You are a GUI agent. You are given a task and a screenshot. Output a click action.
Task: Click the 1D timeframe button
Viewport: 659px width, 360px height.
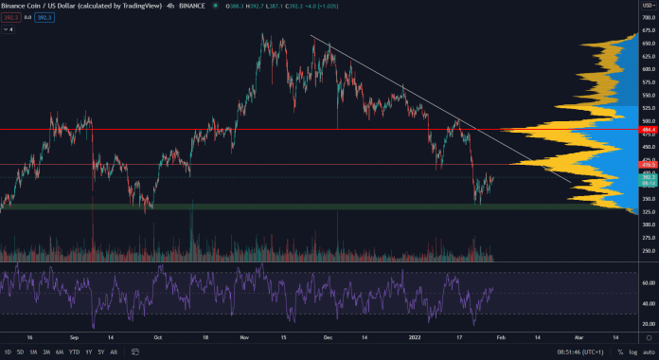[7, 351]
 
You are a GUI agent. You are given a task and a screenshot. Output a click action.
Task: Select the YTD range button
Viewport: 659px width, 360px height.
[74, 351]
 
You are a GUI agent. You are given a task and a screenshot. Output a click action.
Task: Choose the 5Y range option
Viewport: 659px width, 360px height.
[100, 351]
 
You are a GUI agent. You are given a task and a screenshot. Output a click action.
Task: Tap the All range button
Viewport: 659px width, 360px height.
[115, 351]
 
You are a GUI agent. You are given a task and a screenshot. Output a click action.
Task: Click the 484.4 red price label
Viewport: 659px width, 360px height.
[647, 130]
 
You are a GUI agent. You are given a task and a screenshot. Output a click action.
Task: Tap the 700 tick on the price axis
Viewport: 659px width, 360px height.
[647, 18]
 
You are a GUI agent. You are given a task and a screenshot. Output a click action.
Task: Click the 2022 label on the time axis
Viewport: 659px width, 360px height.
[414, 336]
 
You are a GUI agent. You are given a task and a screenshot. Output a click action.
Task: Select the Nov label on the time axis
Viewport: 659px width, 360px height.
[243, 336]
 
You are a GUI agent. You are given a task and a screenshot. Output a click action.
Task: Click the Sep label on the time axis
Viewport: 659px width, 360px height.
[73, 336]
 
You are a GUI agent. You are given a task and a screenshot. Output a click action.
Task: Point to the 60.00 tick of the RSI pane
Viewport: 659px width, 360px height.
[647, 283]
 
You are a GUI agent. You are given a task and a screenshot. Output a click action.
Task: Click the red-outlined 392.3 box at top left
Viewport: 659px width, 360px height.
[11, 17]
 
